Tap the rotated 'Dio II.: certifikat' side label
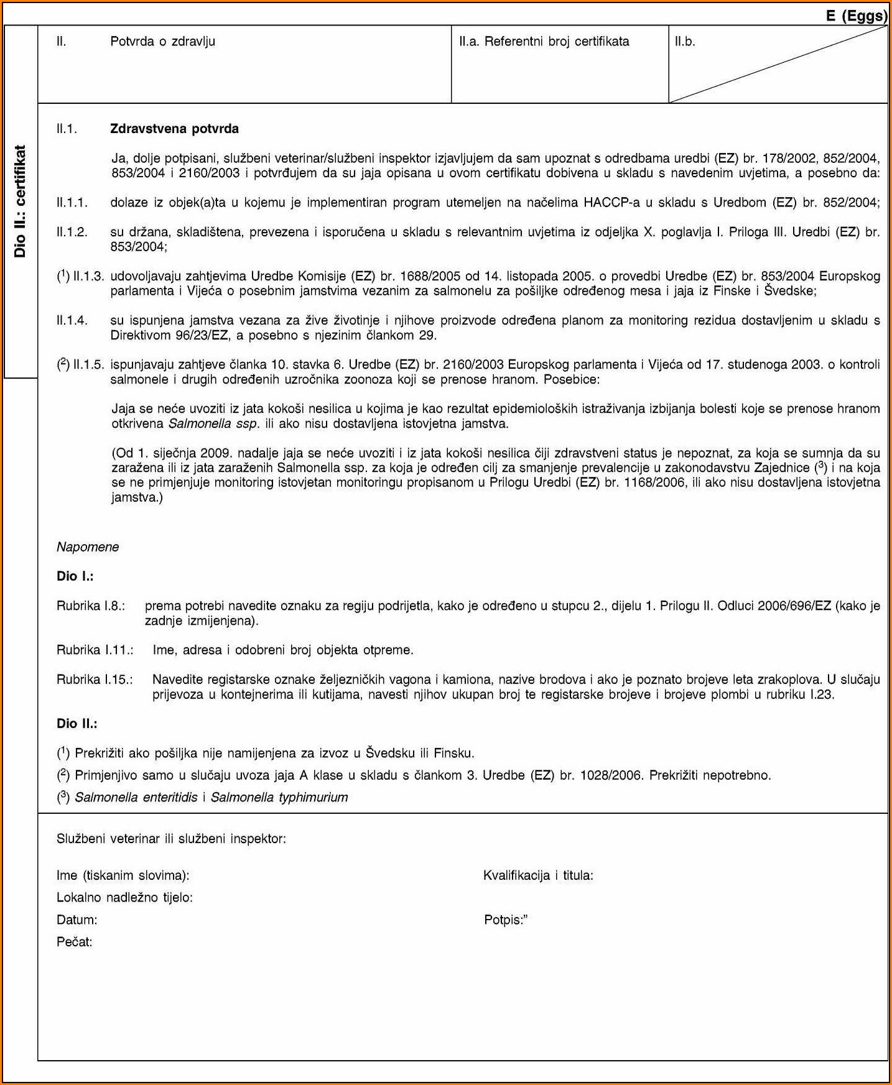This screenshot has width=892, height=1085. (x=20, y=201)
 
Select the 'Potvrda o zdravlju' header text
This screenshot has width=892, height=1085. (x=162, y=42)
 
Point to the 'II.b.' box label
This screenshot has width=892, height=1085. (x=685, y=42)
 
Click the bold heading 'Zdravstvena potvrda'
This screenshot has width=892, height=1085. (x=174, y=129)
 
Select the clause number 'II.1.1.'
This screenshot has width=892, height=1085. (x=72, y=202)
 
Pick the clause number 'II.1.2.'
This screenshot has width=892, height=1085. (x=72, y=232)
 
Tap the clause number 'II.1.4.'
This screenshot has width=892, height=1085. (x=72, y=320)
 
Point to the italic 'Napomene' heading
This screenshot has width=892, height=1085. (x=88, y=547)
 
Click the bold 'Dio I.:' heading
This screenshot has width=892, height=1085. (x=75, y=576)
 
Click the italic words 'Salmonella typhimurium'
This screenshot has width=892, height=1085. (x=279, y=797)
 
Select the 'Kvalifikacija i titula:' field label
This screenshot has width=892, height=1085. (x=538, y=875)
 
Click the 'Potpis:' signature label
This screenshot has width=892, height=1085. (x=506, y=920)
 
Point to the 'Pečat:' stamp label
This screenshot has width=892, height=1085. (x=75, y=942)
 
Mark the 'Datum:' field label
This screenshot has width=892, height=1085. (x=77, y=920)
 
